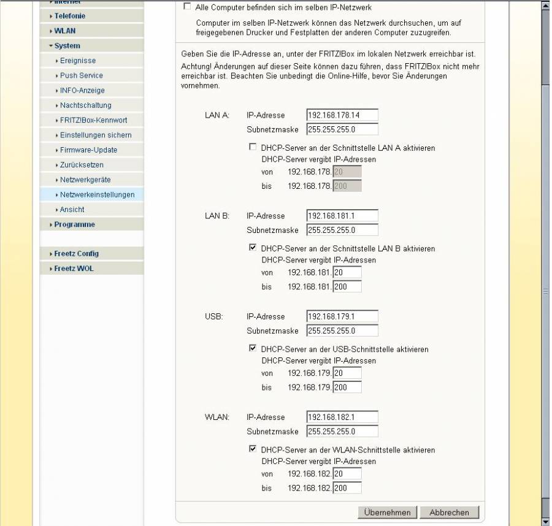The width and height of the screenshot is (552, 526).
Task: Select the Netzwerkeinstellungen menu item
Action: click(x=97, y=195)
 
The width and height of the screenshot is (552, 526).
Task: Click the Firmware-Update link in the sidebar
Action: click(x=88, y=150)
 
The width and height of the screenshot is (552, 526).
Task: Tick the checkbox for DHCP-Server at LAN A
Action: click(x=253, y=148)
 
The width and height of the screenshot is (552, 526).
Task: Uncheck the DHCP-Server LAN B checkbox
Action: click(x=253, y=248)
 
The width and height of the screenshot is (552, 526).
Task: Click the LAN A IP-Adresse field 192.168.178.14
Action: click(x=342, y=115)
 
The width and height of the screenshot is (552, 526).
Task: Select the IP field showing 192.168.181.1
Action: click(x=342, y=216)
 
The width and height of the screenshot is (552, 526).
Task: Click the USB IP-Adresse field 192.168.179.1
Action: click(x=342, y=316)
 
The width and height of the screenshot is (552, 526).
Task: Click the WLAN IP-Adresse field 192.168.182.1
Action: click(x=342, y=417)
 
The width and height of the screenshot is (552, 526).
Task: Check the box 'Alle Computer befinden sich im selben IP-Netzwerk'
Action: click(x=187, y=7)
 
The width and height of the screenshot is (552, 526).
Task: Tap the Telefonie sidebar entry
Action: click(x=69, y=16)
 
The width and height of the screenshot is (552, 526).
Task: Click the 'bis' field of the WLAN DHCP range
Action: click(x=347, y=488)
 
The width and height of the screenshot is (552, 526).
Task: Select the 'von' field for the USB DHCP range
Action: click(x=347, y=373)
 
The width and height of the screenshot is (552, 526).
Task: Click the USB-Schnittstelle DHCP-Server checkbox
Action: click(x=253, y=349)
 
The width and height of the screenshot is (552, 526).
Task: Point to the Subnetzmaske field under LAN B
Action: click(x=342, y=231)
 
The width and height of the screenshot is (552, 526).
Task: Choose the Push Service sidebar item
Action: click(x=81, y=75)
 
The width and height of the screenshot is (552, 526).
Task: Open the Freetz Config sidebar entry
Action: click(x=76, y=254)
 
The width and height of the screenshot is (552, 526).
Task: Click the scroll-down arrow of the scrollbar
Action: click(x=546, y=520)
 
